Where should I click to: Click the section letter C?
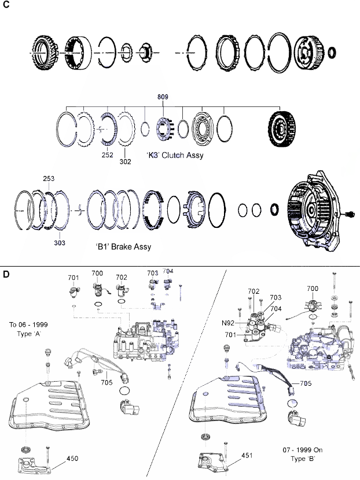[6, 5]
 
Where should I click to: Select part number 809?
[163, 97]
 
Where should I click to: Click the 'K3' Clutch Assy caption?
[175, 155]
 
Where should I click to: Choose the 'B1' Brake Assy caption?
[122, 246]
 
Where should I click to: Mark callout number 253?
[49, 180]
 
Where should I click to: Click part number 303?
[60, 243]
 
